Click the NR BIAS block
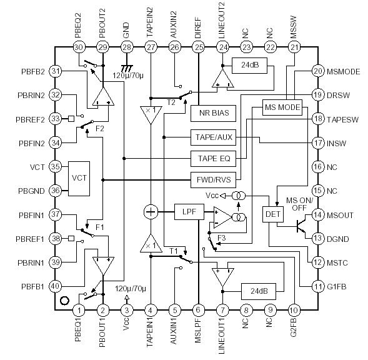tap(213, 113)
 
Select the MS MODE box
tap(282, 107)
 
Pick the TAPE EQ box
tap(213, 158)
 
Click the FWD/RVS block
tap(213, 180)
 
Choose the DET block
tap(272, 214)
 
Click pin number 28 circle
tap(127, 47)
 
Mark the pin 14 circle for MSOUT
tap(318, 214)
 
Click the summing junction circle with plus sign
tap(151, 212)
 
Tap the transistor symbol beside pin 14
tap(301, 225)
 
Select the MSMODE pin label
tap(345, 71)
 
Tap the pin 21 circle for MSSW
tap(294, 47)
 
